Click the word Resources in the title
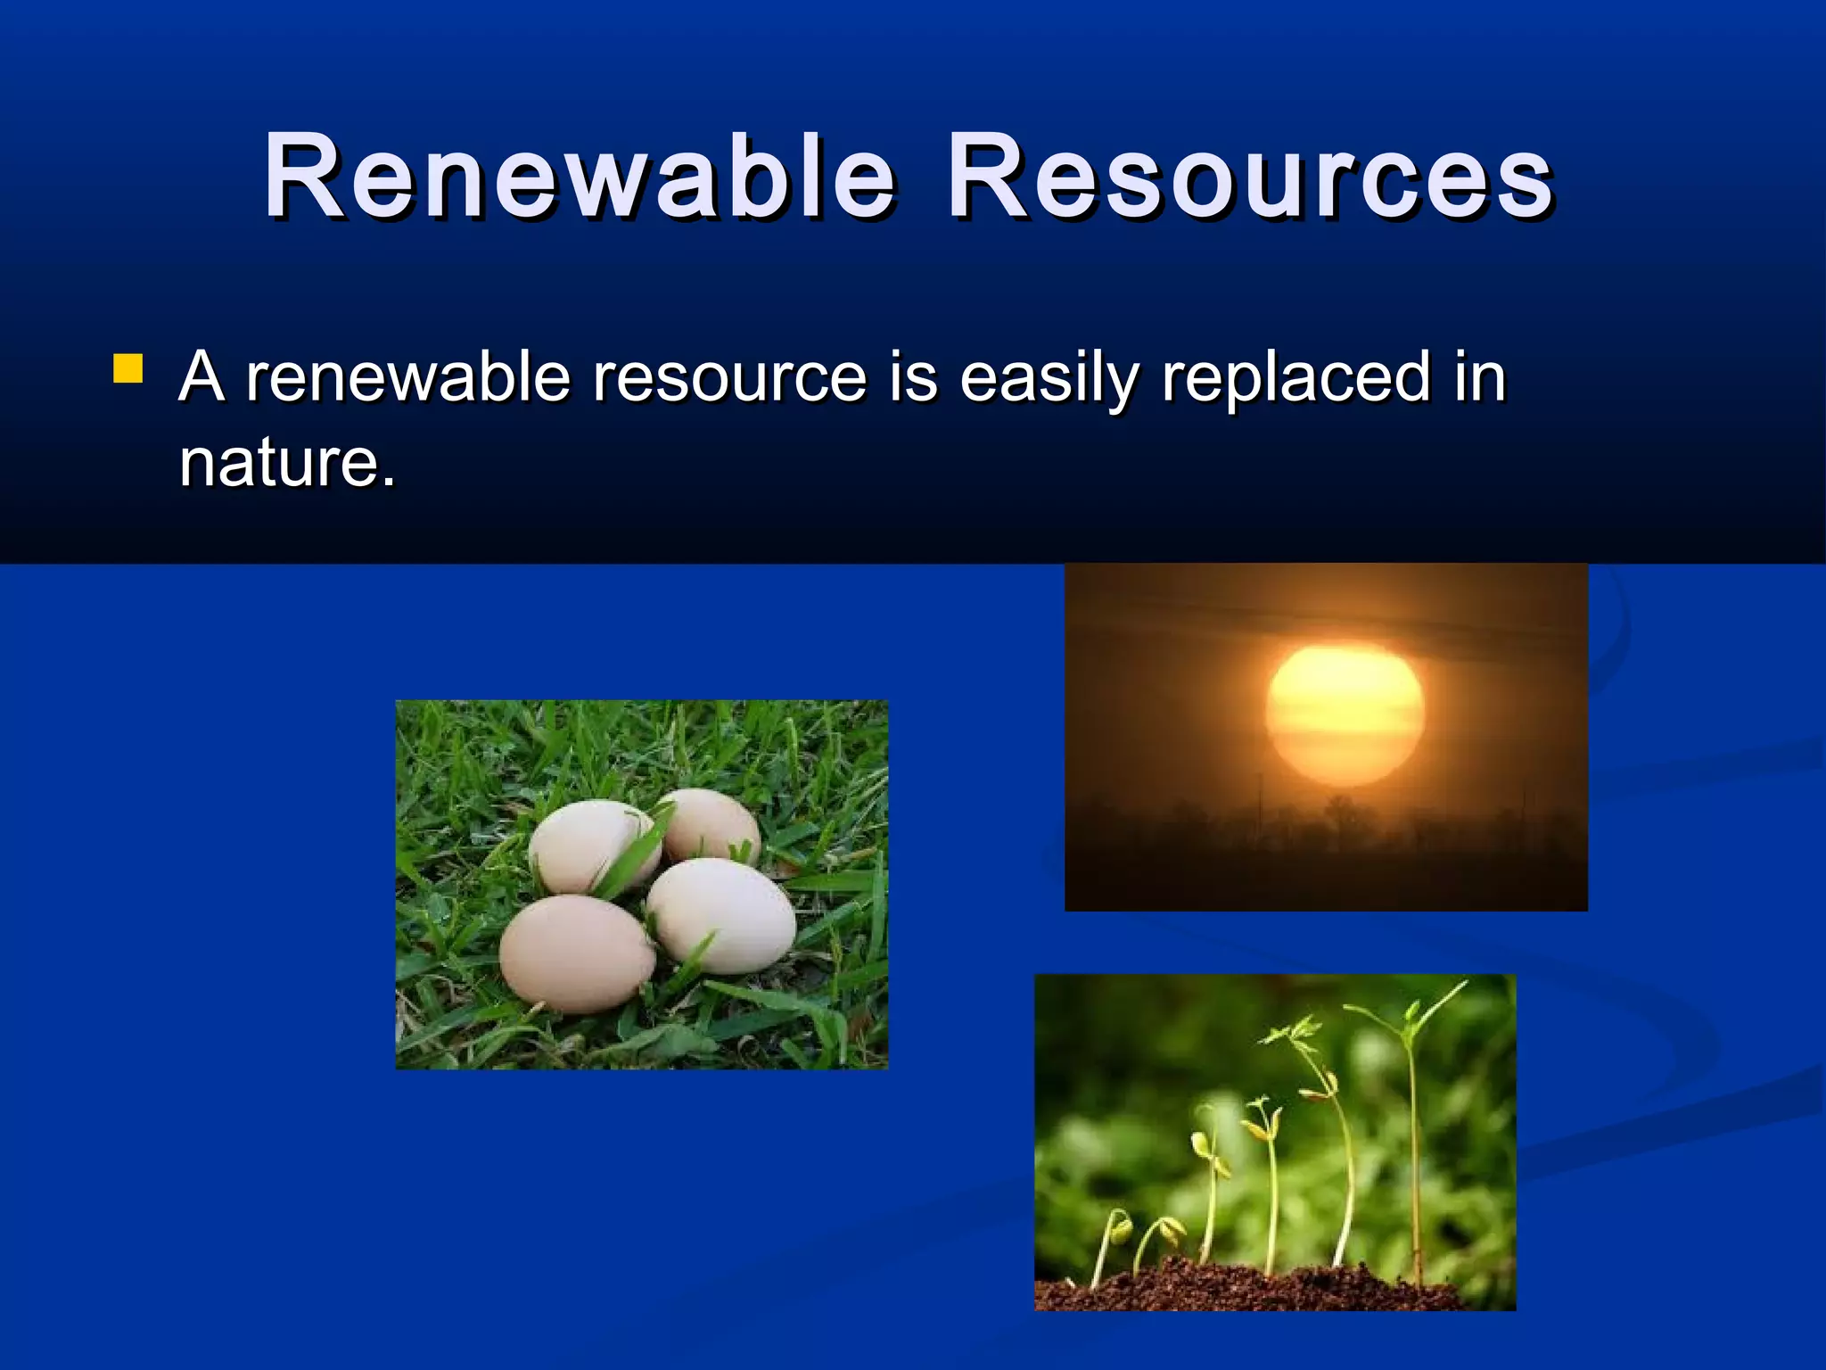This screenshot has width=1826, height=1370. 1250,176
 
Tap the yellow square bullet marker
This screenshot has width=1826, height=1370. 128,369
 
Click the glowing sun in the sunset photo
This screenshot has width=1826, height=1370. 1345,716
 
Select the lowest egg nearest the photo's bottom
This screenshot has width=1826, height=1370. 576,953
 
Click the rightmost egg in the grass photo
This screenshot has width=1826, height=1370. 722,916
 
